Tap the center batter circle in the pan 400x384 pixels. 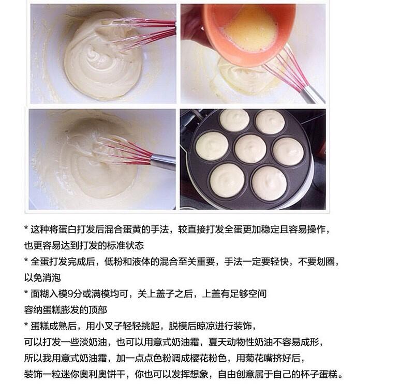point(250,148)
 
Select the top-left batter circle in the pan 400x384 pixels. point(234,120)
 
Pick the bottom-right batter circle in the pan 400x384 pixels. point(269,182)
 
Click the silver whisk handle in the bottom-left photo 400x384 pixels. point(163,161)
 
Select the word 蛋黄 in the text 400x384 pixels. point(128,229)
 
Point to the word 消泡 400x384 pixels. point(51,278)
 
